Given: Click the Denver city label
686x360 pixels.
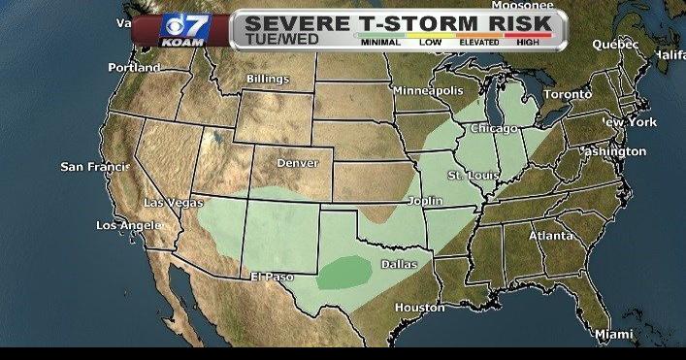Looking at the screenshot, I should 298,163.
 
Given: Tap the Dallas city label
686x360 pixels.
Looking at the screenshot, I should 400,264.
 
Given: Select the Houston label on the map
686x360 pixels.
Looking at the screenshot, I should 419,308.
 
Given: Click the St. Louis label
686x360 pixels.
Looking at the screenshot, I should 471,175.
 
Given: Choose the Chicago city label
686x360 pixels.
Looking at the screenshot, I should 494,128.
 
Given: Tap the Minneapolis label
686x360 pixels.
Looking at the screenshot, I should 427,90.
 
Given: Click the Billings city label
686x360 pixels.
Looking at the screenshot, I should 267,78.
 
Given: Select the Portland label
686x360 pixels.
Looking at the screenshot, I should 135,68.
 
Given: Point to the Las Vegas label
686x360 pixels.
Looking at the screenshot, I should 173,203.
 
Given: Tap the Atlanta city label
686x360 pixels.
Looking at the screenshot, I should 550,236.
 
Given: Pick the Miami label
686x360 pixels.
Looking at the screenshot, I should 613,334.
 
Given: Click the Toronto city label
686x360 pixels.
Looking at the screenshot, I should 566,94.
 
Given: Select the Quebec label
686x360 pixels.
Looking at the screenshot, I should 616,44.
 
